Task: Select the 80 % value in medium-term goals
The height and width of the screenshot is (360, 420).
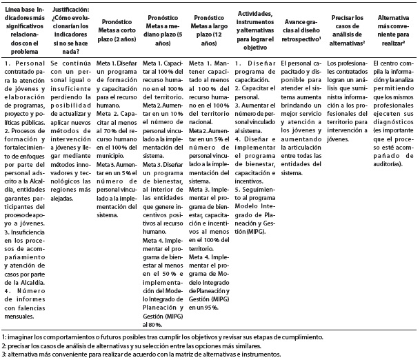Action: pyautogui.click(x=155, y=323)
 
